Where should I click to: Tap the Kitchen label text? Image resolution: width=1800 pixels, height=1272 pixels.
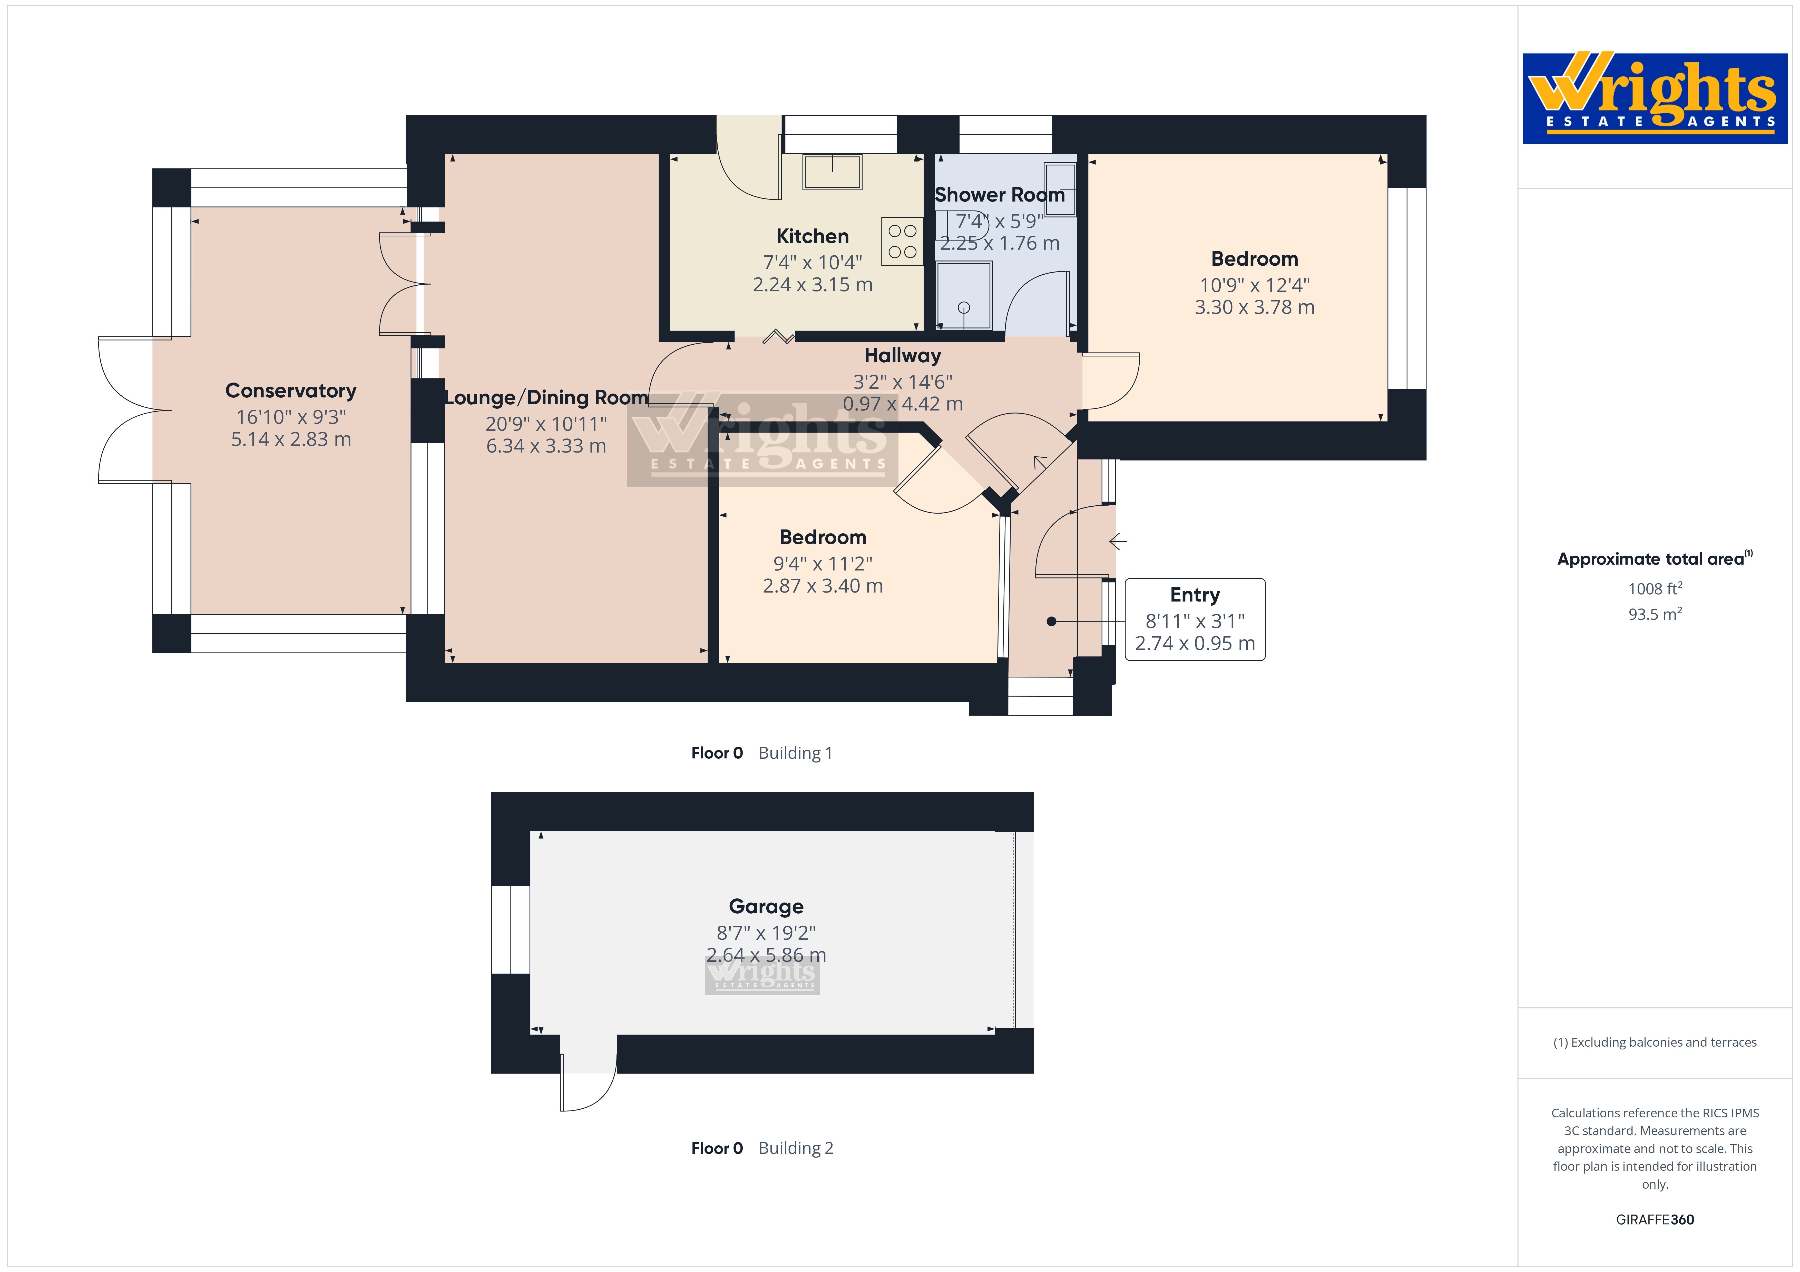812,236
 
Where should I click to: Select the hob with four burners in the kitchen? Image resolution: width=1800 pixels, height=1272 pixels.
902,241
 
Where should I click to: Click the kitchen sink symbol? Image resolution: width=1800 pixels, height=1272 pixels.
832,172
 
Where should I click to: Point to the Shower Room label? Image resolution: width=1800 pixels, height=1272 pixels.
1000,194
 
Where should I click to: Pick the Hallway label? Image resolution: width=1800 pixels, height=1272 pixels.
902,356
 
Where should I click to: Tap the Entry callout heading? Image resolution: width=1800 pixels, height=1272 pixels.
1195,595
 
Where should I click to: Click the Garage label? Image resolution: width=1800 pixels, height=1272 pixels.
766,907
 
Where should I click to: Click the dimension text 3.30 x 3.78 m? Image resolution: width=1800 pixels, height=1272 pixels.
1254,307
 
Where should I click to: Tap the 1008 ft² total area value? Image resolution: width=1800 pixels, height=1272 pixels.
1655,589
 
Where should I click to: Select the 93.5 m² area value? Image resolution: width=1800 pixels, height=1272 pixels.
1655,614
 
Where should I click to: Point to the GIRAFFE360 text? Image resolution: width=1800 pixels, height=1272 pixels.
1655,1219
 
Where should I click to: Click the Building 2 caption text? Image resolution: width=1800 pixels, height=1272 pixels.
796,1148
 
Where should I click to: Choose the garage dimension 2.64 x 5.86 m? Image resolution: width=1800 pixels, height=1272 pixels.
766,955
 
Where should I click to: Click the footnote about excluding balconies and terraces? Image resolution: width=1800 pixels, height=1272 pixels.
1655,1042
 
